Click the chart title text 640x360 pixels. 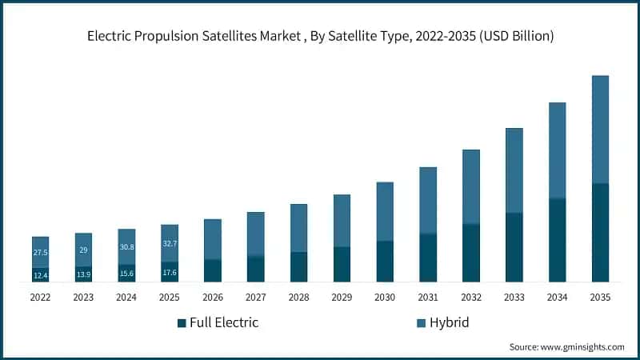[x=320, y=37]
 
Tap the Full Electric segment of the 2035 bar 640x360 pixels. [x=600, y=233]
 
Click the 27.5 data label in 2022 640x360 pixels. [x=40, y=252]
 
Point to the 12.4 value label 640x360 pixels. [x=40, y=275]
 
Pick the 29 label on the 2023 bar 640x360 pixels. [x=83, y=250]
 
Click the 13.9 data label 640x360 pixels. [x=83, y=274]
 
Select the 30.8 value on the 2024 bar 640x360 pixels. [x=126, y=248]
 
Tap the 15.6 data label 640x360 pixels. [x=126, y=274]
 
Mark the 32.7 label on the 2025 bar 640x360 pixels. [x=170, y=243]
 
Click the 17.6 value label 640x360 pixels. [x=170, y=272]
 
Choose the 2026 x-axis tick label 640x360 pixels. [x=213, y=297]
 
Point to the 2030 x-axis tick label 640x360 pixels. [x=385, y=297]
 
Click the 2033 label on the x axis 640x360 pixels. [x=514, y=297]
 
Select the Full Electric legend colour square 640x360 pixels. [x=182, y=323]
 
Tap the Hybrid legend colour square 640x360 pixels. [x=421, y=323]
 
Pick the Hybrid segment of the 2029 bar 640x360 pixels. [x=342, y=221]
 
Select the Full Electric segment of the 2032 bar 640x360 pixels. [x=471, y=253]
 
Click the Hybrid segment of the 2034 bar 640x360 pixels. [x=557, y=150]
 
